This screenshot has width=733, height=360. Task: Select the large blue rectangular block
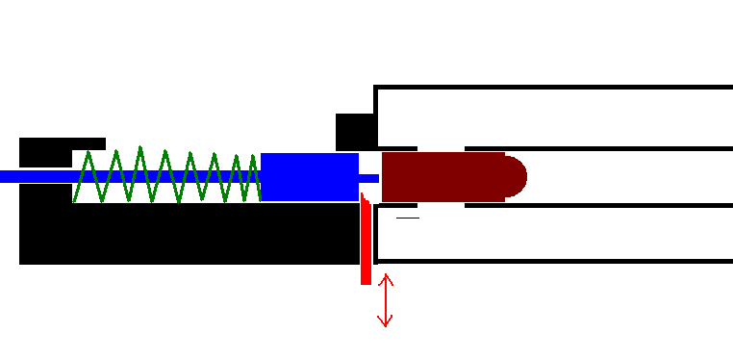point(309,177)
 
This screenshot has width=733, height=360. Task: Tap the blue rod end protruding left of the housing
point(10,176)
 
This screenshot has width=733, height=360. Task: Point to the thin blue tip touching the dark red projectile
point(370,178)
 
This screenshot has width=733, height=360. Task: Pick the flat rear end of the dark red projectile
point(386,177)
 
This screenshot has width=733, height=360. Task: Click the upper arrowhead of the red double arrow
point(385,278)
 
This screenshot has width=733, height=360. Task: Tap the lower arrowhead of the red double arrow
point(385,322)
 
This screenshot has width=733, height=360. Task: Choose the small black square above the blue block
point(354,132)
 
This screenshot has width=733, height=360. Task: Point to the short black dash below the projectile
point(408,219)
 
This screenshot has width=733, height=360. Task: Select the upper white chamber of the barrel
point(553,117)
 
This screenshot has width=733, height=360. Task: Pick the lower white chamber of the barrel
point(553,233)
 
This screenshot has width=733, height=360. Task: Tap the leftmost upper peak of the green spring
point(89,152)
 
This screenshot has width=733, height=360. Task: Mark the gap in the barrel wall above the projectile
point(441,148)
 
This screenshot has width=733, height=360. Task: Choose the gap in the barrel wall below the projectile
point(441,205)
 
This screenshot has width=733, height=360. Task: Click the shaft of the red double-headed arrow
point(385,300)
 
